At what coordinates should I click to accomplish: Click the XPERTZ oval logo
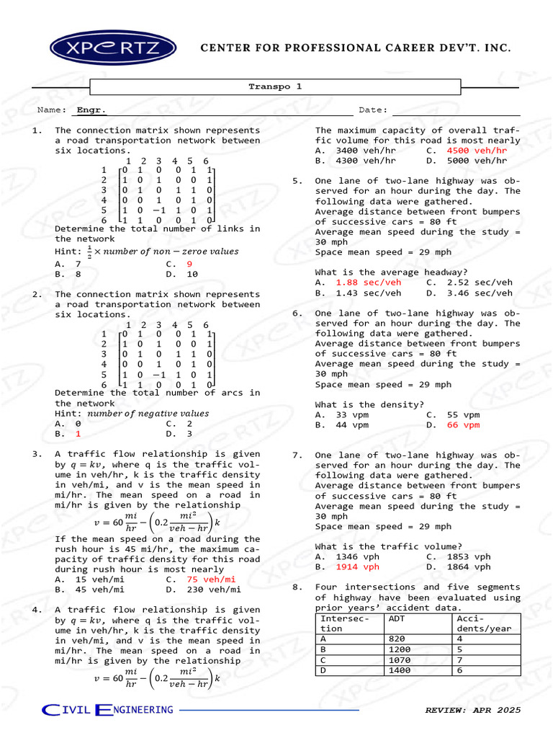click(114, 48)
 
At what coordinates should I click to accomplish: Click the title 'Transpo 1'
click(275, 86)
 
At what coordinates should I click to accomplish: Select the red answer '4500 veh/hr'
click(477, 151)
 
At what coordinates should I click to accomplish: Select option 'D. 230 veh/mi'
click(203, 590)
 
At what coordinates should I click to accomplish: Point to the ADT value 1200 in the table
click(400, 649)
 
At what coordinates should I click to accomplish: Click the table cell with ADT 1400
click(400, 670)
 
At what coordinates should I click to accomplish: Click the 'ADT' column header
click(397, 618)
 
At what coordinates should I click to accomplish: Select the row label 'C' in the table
click(323, 659)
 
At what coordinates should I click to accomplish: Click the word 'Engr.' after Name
click(91, 110)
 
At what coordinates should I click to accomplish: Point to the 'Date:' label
click(373, 110)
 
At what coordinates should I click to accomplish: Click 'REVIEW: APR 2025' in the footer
click(472, 711)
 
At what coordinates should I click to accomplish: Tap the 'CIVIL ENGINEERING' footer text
click(108, 711)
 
